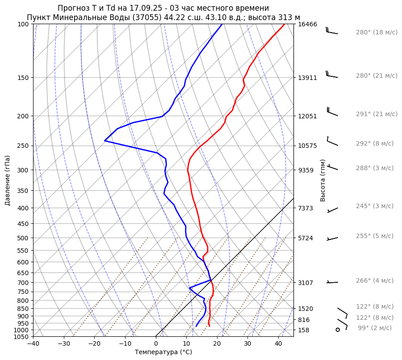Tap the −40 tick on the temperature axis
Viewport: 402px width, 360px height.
tap(33, 344)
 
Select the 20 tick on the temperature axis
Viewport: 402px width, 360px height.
tap(217, 344)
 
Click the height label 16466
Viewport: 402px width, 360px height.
tap(307, 24)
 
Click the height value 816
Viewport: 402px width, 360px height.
tap(304, 320)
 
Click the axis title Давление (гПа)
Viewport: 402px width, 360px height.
tap(8, 180)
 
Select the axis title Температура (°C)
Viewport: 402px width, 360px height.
tap(163, 352)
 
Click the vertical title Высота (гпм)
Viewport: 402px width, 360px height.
tap(322, 180)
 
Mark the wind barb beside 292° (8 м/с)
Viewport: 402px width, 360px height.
tap(333, 142)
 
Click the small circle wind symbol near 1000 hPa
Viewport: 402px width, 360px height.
tap(338, 330)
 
